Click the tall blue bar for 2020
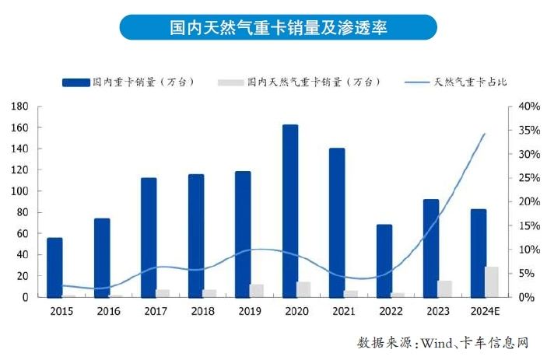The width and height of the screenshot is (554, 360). (289, 211)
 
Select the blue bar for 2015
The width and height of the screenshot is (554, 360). (54, 267)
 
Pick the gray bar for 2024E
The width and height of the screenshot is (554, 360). (492, 281)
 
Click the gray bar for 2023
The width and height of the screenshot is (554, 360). (445, 288)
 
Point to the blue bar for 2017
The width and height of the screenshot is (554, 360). (149, 237)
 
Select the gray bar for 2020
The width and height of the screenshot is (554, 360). (303, 289)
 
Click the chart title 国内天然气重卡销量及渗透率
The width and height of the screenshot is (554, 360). (277, 29)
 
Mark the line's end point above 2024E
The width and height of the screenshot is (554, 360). (486, 134)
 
